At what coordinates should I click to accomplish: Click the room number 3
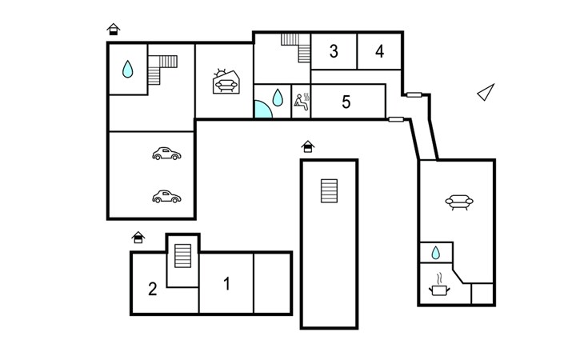pyautogui.click(x=334, y=51)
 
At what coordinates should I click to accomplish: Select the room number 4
pyautogui.click(x=379, y=51)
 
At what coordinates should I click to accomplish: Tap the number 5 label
pyautogui.click(x=346, y=102)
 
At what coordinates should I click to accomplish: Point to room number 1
pyautogui.click(x=227, y=284)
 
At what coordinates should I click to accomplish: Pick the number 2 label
pyautogui.click(x=153, y=289)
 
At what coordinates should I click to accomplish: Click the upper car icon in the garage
pyautogui.click(x=166, y=154)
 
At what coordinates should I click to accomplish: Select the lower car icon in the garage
pyautogui.click(x=166, y=196)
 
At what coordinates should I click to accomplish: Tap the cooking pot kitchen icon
pyautogui.click(x=439, y=286)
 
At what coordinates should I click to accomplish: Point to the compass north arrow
pyautogui.click(x=486, y=92)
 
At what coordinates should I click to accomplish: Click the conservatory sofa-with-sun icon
pyautogui.click(x=226, y=82)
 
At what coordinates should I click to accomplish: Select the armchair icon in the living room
pyautogui.click(x=459, y=202)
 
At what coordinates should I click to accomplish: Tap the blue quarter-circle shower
pyautogui.click(x=262, y=110)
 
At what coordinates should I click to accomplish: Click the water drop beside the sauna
pyautogui.click(x=278, y=98)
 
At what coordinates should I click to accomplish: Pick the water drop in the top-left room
pyautogui.click(x=127, y=69)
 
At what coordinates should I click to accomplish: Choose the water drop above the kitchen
pyautogui.click(x=435, y=253)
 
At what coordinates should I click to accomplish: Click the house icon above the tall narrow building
pyautogui.click(x=308, y=146)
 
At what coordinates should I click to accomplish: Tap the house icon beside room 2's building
pyautogui.click(x=138, y=237)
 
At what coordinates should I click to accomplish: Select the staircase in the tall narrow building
pyautogui.click(x=330, y=191)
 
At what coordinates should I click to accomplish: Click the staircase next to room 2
pyautogui.click(x=183, y=256)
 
